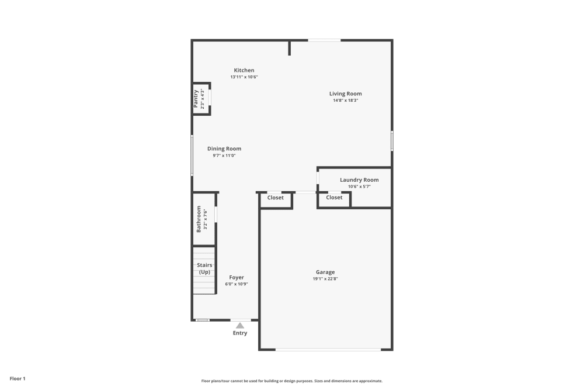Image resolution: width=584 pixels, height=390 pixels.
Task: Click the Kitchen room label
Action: pos(244,70)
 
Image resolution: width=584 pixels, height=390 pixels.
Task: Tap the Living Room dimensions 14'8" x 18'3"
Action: pos(345,101)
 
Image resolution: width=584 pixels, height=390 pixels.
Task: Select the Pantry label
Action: pos(196,99)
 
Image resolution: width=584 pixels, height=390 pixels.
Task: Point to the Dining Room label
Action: pos(224,149)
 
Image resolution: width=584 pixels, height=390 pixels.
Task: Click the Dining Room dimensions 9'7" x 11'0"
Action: pos(224,156)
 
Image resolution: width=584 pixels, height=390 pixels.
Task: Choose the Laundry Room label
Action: pos(359,180)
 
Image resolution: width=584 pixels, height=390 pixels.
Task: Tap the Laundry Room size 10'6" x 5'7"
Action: pos(359,187)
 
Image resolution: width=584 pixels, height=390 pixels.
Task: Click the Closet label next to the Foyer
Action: pos(275,198)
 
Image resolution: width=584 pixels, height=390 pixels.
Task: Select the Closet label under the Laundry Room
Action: pos(334,197)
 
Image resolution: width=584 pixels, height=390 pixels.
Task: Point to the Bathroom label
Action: pos(199,219)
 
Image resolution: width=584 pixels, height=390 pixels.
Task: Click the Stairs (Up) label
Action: pos(204,268)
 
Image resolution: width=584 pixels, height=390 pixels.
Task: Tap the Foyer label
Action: pos(237,277)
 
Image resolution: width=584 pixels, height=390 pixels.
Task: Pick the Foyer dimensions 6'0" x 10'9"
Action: pos(237,284)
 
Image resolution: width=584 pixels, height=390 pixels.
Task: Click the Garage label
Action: pos(325,272)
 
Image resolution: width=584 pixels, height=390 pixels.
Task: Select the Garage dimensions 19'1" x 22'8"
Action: pos(325,278)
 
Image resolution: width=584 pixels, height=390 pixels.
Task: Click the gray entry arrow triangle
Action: pos(240,326)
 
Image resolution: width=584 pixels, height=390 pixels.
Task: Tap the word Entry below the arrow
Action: pos(240,333)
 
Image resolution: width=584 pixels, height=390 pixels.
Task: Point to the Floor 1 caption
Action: pos(18,378)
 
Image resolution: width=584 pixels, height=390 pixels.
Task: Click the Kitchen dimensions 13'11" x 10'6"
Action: pos(244,77)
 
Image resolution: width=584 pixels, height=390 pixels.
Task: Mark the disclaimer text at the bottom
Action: pos(291,381)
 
